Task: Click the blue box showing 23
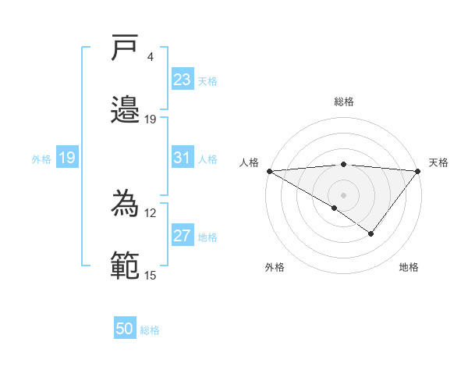coord(182,80)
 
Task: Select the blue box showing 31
coord(182,158)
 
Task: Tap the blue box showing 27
coord(182,237)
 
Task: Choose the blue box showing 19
coord(66,158)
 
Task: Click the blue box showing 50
coord(125,330)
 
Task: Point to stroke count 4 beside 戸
coord(151,57)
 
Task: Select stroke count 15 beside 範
coord(150,275)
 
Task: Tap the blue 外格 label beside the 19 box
coord(41,159)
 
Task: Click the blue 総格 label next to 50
coord(150,330)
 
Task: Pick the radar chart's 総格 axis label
coord(344,102)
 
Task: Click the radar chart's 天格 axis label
coord(438,162)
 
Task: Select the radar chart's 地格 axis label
coord(409,267)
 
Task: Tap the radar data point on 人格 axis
coord(269,170)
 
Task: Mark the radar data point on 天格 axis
coord(418,170)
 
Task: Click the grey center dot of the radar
coord(343,194)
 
